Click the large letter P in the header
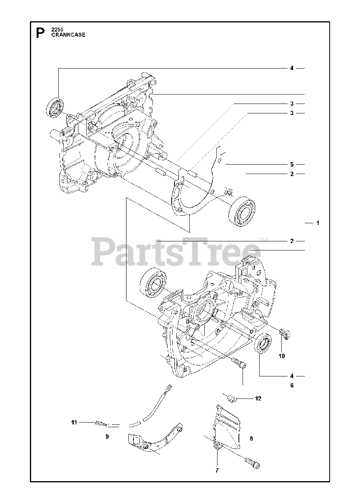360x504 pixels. pyautogui.click(x=40, y=32)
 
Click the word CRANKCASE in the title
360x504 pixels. pyautogui.click(x=68, y=35)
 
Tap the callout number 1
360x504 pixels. pyautogui.click(x=317, y=223)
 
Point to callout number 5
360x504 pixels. pyautogui.click(x=292, y=164)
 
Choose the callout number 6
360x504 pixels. pyautogui.click(x=292, y=385)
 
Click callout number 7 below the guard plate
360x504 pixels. pyautogui.click(x=217, y=470)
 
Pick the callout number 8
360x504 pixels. pyautogui.click(x=251, y=438)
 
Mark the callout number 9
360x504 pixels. pyautogui.click(x=107, y=437)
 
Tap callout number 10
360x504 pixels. pyautogui.click(x=282, y=356)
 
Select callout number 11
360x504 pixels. pyautogui.click(x=74, y=422)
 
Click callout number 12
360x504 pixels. pyautogui.click(x=258, y=398)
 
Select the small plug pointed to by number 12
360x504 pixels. pyautogui.click(x=232, y=399)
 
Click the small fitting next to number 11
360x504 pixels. pyautogui.click(x=100, y=423)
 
